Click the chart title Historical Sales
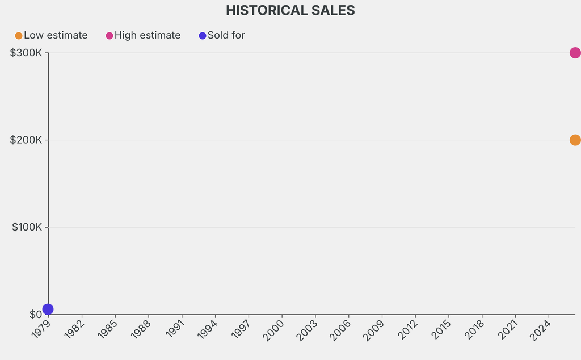tap(290, 10)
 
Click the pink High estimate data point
tap(575, 53)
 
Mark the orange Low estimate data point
tap(575, 140)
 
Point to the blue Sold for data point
tap(48, 309)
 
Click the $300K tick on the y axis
tap(26, 53)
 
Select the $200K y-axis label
tap(26, 140)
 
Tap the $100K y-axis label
tap(27, 227)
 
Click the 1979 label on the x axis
tap(41, 330)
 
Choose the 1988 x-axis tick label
tap(141, 330)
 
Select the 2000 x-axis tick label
tap(274, 330)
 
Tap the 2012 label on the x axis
tap(407, 330)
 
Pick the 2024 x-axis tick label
tap(541, 330)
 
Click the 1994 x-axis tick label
tap(208, 330)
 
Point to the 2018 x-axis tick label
tap(474, 330)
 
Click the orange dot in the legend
tap(19, 36)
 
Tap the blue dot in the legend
tap(203, 36)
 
